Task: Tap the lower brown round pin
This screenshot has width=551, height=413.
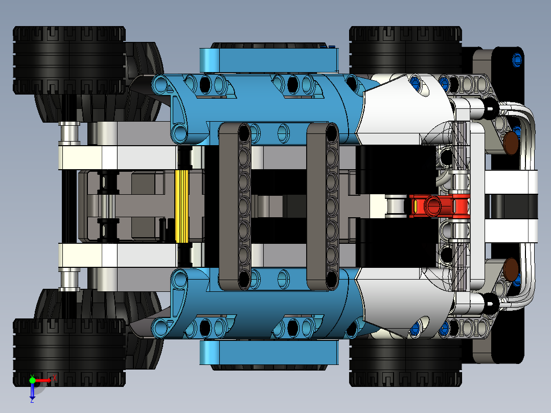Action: click(x=511, y=267)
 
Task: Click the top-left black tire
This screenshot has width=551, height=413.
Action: click(x=69, y=60)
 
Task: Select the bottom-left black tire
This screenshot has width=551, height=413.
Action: click(x=69, y=353)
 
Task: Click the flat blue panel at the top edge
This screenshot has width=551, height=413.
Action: click(x=268, y=59)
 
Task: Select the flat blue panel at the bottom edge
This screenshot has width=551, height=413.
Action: click(x=268, y=352)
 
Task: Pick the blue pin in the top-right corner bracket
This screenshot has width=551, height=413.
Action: click(x=517, y=60)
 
